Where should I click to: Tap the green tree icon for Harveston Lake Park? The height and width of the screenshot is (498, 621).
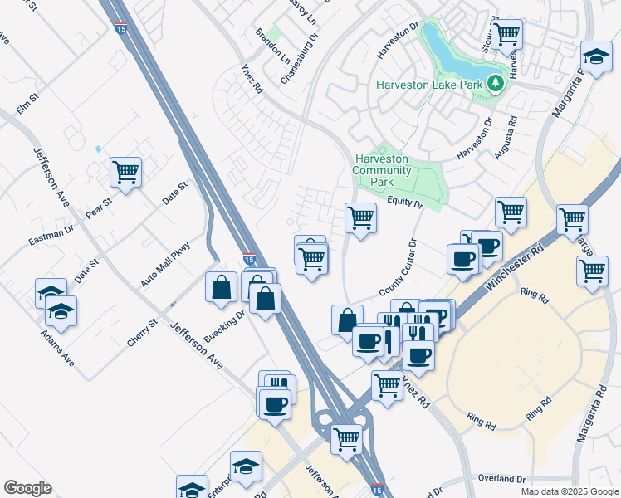click(x=496, y=83)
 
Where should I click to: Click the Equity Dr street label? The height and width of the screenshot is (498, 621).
click(x=404, y=203)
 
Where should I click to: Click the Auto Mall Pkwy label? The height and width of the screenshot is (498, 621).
click(x=165, y=264)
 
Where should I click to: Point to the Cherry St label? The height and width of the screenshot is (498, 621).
click(x=142, y=333)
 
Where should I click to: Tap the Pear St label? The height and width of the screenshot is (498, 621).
click(x=98, y=207)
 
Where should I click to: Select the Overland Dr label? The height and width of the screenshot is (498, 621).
click(x=503, y=479)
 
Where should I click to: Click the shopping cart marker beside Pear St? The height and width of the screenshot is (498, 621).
click(x=125, y=173)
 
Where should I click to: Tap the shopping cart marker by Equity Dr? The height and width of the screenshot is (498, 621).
click(x=359, y=217)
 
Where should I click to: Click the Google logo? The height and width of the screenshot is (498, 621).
click(x=27, y=488)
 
